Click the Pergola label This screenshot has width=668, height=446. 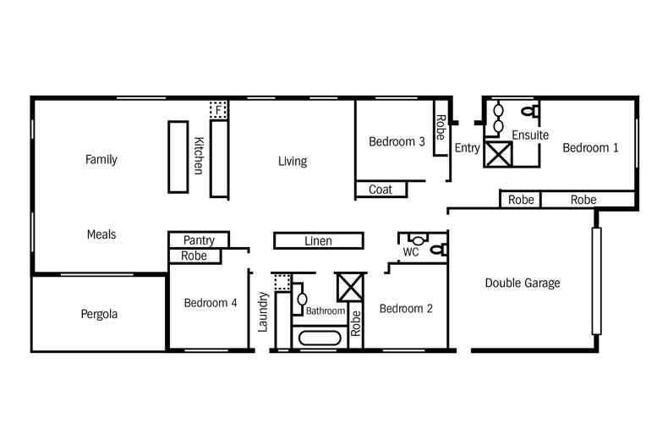pyautogui.click(x=99, y=314)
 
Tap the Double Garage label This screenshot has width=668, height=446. pyautogui.click(x=522, y=283)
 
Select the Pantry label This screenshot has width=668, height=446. pyautogui.click(x=199, y=240)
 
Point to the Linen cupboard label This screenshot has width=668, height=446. pyautogui.click(x=318, y=241)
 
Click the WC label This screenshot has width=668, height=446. pyautogui.click(x=411, y=252)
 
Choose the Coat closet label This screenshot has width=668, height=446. pyautogui.click(x=381, y=190)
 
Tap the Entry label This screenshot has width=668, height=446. pyautogui.click(x=467, y=148)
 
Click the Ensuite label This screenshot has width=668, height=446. pyautogui.click(x=530, y=135)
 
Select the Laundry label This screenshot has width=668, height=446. pyautogui.click(x=263, y=311)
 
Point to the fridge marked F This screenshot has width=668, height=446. pyautogui.click(x=219, y=110)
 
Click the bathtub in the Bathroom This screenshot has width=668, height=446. pyautogui.click(x=320, y=339)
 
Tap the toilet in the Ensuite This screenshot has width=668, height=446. pyautogui.click(x=528, y=111)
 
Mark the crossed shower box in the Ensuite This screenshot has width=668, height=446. pyautogui.click(x=498, y=155)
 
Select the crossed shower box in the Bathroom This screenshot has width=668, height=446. pyautogui.click(x=349, y=286)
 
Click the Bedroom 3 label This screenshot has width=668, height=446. pyautogui.click(x=397, y=142)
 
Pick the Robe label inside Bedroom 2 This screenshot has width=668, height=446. pyautogui.click(x=356, y=324)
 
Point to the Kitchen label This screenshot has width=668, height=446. pyautogui.click(x=199, y=156)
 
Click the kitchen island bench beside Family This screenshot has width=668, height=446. pyautogui.click(x=178, y=157)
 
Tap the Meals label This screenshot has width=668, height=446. pyautogui.click(x=101, y=234)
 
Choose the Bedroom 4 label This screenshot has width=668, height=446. pyautogui.click(x=211, y=303)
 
